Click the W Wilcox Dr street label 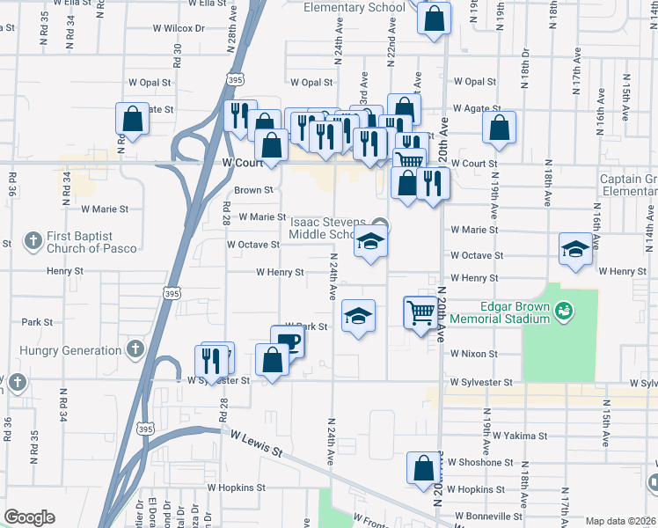click(180, 28)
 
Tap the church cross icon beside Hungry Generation click(135, 350)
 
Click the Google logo click(30, 517)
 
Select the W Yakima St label click(520, 436)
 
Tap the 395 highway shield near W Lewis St click(146, 429)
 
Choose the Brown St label click(253, 190)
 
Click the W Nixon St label click(474, 354)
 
